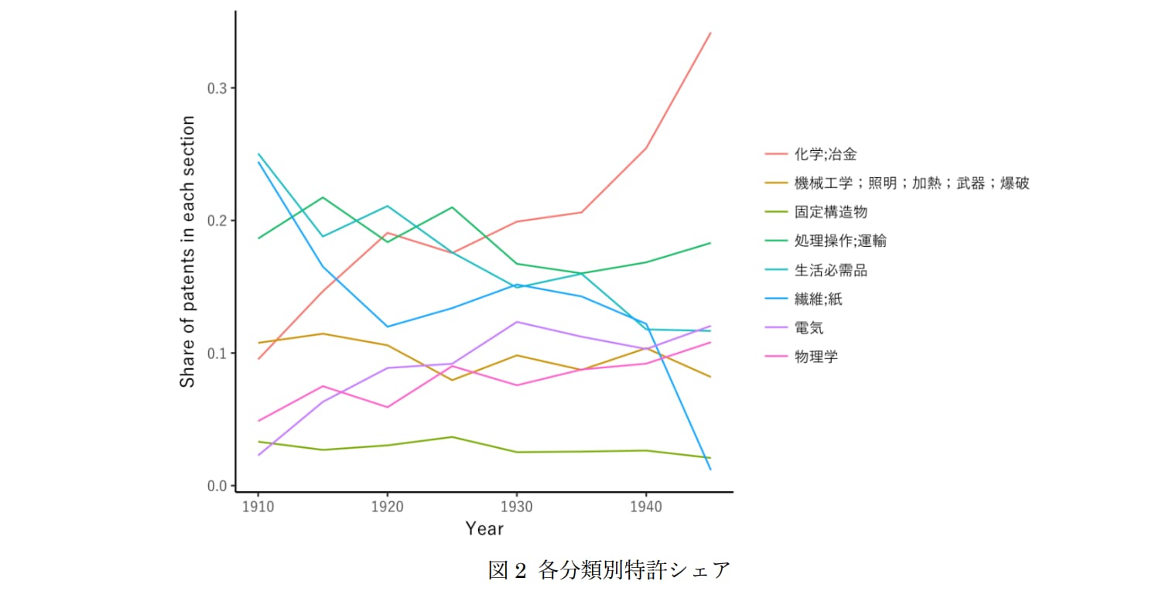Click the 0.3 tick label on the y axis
[217, 88]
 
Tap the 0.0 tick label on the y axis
[217, 486]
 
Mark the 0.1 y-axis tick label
[217, 354]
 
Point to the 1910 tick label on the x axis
[258, 507]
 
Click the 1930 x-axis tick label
[516, 507]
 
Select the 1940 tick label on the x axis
[645, 507]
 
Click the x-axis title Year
[484, 528]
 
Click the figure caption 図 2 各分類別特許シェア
[609, 570]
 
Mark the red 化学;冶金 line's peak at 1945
[710, 32]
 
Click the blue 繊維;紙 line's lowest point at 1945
[710, 470]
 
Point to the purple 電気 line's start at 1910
[258, 455]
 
